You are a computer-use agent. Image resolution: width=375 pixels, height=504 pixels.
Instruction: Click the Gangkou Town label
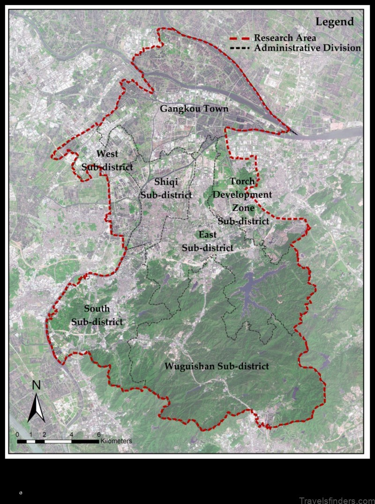pos(194,109)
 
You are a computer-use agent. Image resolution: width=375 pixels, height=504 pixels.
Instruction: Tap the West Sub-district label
pos(107,160)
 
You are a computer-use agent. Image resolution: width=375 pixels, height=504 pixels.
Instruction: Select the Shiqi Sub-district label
pos(166,188)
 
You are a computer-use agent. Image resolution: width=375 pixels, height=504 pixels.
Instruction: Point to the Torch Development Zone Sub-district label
pos(243,201)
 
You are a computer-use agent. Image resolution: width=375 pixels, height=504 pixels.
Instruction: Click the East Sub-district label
pos(207,241)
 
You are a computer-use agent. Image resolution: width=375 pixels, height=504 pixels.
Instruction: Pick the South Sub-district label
pos(97,315)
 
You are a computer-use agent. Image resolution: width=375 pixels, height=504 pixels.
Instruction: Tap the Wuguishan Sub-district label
pos(217,366)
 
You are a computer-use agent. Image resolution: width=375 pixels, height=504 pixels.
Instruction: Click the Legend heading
pos(334,22)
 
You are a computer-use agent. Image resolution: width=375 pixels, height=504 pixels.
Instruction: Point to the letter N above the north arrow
pos(36,386)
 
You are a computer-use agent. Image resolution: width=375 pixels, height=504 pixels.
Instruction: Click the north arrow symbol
pos(36,407)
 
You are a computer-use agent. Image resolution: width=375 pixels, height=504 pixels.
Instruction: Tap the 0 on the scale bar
pos(17,434)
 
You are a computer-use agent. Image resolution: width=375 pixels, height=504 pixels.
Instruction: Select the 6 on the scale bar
pos(98,434)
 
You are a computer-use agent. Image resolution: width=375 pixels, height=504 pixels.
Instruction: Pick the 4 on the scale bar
pos(71,434)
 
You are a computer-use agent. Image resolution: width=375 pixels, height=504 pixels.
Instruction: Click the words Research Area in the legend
pos(285,38)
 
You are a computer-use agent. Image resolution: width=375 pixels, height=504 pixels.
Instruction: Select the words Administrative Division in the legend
pos(307,48)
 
